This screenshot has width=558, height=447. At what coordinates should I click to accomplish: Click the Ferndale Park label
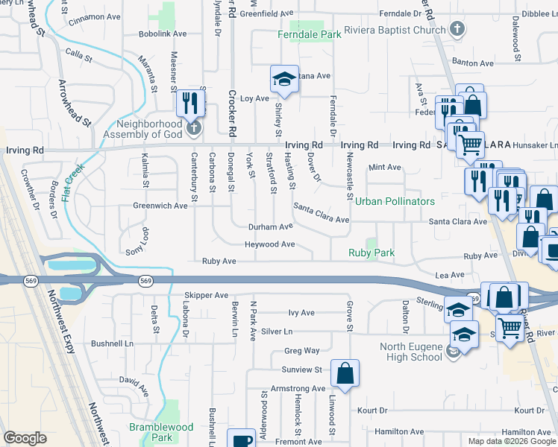309,35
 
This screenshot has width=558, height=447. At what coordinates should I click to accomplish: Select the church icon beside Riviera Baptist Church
458,31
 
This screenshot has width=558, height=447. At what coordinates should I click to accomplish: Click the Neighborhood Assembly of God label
148,129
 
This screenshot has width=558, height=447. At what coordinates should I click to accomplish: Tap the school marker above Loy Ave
283,79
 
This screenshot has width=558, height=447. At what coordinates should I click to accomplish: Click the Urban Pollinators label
395,202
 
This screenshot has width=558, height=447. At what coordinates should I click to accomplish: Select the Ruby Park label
371,253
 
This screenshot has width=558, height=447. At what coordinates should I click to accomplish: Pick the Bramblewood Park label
161,432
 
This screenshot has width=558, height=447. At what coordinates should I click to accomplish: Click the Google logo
25,438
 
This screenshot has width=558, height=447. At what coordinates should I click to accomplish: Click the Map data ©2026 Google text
512,441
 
